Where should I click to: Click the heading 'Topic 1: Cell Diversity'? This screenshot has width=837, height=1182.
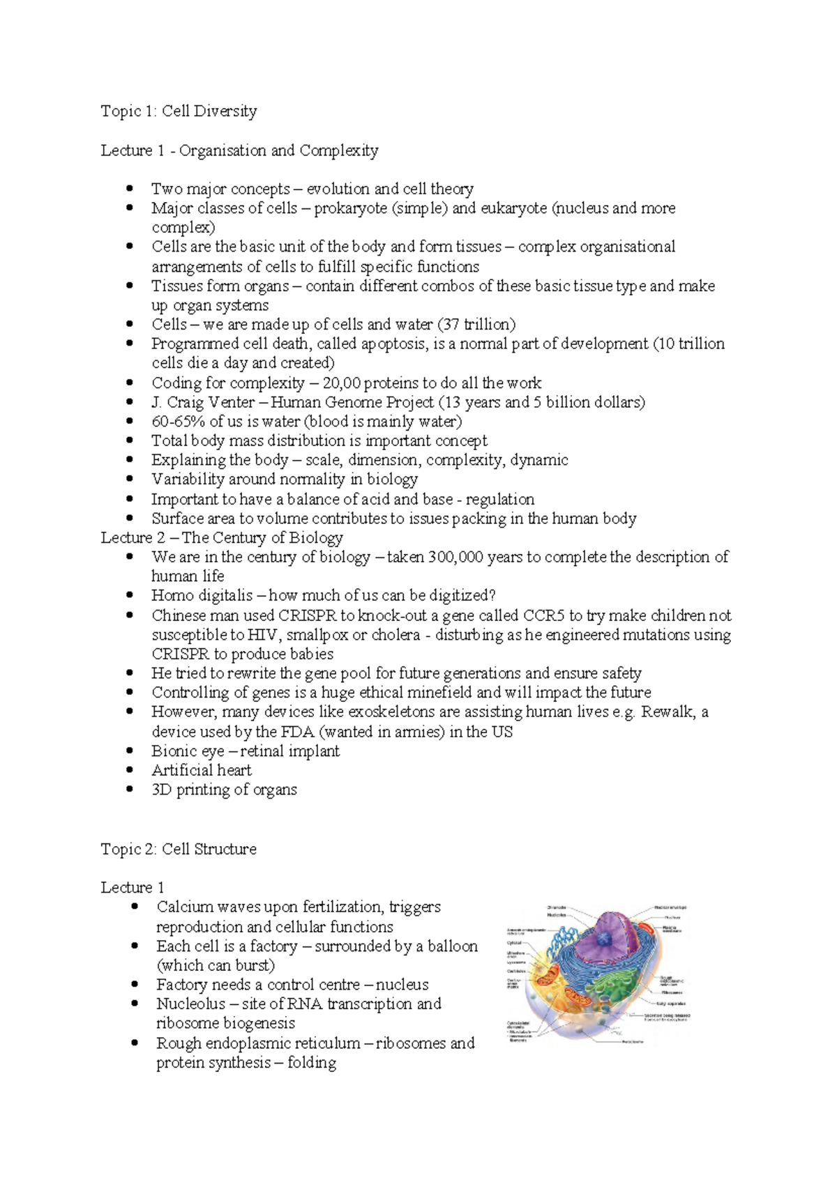pyautogui.click(x=179, y=111)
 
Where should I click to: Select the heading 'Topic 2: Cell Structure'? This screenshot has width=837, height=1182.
pyautogui.click(x=179, y=849)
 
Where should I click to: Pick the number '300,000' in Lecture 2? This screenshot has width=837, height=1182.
pyautogui.click(x=455, y=557)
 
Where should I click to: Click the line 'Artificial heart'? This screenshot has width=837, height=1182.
pyautogui.click(x=202, y=770)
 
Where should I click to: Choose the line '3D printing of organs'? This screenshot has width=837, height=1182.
pyautogui.click(x=224, y=790)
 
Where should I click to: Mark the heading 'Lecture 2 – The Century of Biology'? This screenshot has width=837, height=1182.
pyautogui.click(x=222, y=537)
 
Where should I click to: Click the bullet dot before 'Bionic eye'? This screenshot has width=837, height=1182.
pyautogui.click(x=130, y=751)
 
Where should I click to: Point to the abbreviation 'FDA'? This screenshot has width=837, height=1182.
pyautogui.click(x=298, y=732)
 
